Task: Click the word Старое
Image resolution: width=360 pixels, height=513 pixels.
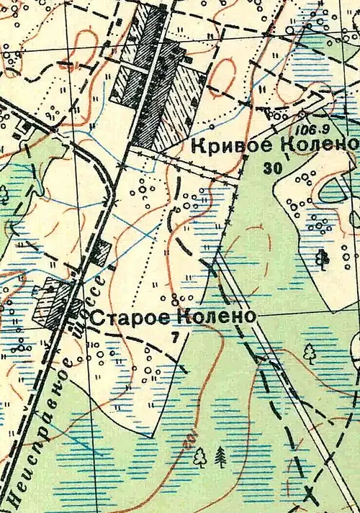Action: click(x=133, y=317)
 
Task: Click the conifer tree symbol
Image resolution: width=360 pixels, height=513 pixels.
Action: click(x=221, y=455)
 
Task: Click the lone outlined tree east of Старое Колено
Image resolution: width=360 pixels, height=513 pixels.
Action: click(x=310, y=352)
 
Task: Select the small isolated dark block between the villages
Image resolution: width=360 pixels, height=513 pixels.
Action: click(x=103, y=252)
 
